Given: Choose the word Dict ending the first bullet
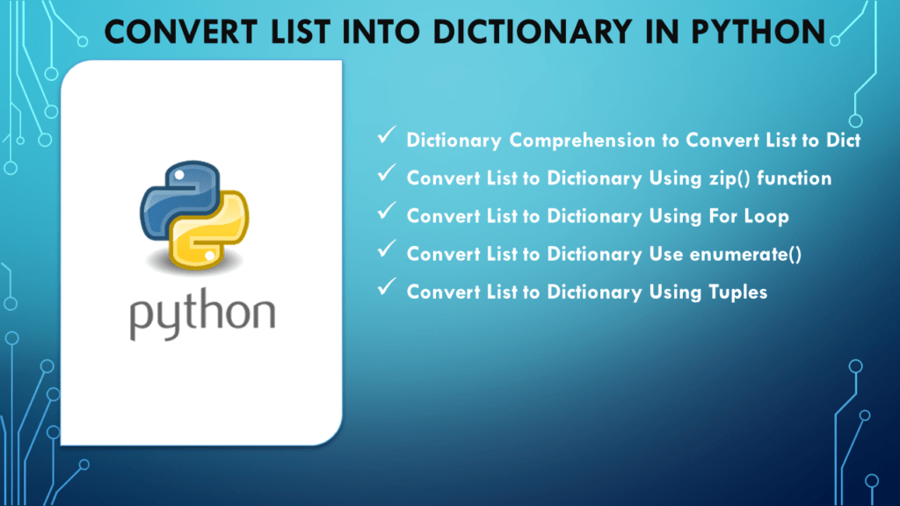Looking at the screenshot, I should pos(842,141).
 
